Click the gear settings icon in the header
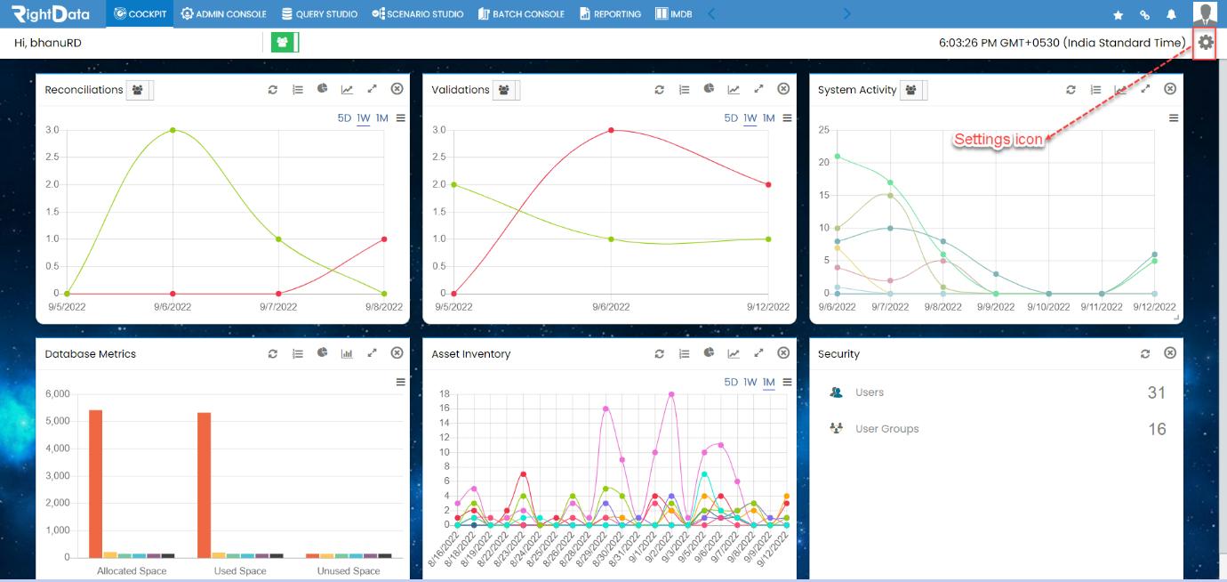coord(1205,42)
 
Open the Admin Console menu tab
coord(223,13)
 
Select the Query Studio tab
coord(319,13)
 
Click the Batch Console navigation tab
coord(521,13)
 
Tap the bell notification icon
coord(1171,15)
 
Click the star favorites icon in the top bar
coord(1118,15)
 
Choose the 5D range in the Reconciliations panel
coord(344,117)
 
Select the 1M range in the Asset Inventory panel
coord(768,382)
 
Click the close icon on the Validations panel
coord(783,89)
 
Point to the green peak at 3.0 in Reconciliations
coord(172,131)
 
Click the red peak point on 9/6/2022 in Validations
coord(611,131)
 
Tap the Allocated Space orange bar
coord(95,484)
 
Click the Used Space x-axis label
coord(240,570)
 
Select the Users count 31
coord(1157,392)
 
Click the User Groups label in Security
coord(886,429)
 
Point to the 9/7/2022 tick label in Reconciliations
coord(278,307)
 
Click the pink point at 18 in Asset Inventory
coord(671,394)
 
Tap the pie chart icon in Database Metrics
coord(322,353)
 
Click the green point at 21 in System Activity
coord(837,157)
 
